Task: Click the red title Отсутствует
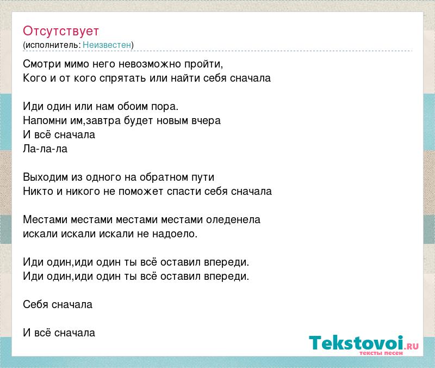(61, 31)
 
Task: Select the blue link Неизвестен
(107, 45)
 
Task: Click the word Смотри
(42, 64)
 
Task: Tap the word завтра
(103, 121)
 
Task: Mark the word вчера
(206, 121)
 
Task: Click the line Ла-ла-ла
(45, 149)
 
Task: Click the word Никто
(38, 192)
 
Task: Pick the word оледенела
(233, 220)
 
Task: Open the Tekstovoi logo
(364, 344)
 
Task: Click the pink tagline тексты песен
(381, 353)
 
